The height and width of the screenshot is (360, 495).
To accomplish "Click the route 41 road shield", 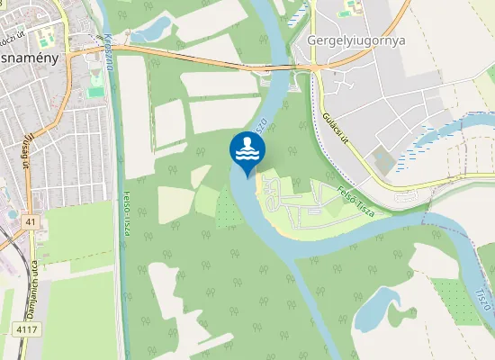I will pyautogui.click(x=31, y=221).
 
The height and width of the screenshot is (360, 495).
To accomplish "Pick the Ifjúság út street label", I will pyautogui.click(x=26, y=149).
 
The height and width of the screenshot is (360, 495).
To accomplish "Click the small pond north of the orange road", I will pyautogui.click(x=152, y=30).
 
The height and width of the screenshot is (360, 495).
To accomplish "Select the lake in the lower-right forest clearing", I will pyautogui.click(x=379, y=310).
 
